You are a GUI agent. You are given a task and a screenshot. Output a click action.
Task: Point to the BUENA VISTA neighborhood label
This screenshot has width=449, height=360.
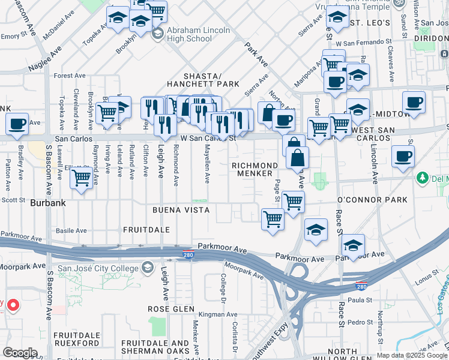(x=181, y=210)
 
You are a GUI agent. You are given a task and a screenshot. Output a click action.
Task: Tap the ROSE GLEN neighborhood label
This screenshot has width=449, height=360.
(x=171, y=308)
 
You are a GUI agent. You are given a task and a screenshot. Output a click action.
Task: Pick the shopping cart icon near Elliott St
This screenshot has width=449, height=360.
(x=80, y=178)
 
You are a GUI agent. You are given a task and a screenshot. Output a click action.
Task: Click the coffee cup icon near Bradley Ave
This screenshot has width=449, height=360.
(x=17, y=124)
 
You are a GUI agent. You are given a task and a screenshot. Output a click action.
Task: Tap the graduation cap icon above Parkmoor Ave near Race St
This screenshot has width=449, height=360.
(x=353, y=245)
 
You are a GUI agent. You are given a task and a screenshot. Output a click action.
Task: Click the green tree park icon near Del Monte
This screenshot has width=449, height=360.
(x=422, y=178)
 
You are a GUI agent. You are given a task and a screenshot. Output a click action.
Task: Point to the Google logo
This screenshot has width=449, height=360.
(x=19, y=353)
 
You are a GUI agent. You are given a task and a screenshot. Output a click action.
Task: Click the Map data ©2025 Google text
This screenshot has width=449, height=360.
(x=411, y=355)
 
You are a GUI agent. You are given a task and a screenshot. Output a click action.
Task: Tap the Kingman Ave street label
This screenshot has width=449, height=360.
(x=202, y=314)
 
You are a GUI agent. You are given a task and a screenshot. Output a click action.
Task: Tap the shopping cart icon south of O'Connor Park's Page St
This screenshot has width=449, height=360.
(x=273, y=219)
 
